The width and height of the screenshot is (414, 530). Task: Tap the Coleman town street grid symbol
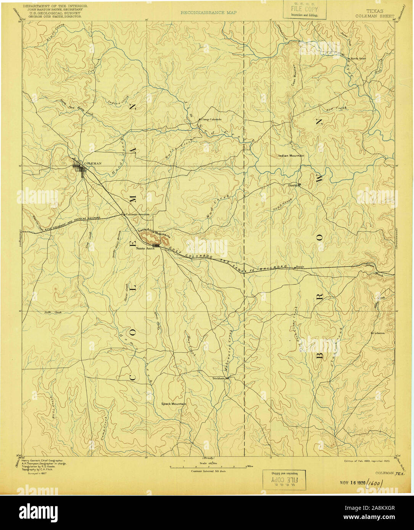click(x=81, y=168)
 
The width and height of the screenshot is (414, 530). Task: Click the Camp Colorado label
click(x=211, y=119)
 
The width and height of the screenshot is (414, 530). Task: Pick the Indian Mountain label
click(x=291, y=156)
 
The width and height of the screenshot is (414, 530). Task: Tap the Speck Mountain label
click(x=174, y=404)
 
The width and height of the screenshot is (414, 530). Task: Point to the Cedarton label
click(x=379, y=333)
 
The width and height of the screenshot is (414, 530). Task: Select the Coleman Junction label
click(x=137, y=215)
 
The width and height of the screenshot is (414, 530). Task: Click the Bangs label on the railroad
click(x=300, y=267)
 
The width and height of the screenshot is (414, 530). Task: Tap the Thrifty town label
click(x=293, y=185)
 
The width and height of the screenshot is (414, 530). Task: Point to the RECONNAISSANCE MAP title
click(x=208, y=13)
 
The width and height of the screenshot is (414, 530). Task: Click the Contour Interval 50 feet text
click(x=208, y=471)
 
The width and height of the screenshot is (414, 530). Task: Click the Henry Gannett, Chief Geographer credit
click(x=42, y=461)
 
